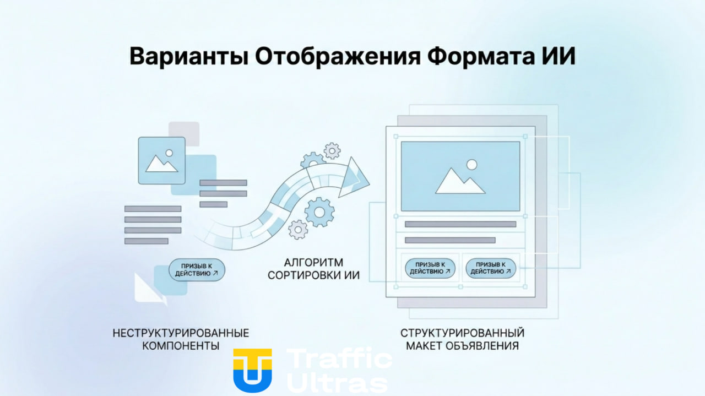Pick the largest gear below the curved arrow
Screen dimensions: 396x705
pyautogui.click(x=319, y=211)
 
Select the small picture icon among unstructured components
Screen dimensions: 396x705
pyautogui.click(x=161, y=160)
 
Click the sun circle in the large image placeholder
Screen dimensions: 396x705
pyautogui.click(x=471, y=164)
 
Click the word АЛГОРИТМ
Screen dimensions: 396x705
pyautogui.click(x=313, y=262)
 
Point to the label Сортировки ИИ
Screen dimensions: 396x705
pyautogui.click(x=313, y=274)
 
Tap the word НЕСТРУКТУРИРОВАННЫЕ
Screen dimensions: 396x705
pyautogui.click(x=181, y=333)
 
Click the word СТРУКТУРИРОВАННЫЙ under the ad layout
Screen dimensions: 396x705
pyautogui.click(x=462, y=333)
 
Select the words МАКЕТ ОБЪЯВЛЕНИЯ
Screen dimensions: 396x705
pyautogui.click(x=462, y=346)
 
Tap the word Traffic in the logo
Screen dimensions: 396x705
pyautogui.click(x=339, y=360)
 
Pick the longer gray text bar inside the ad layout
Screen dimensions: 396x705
pyautogui.click(x=460, y=224)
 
